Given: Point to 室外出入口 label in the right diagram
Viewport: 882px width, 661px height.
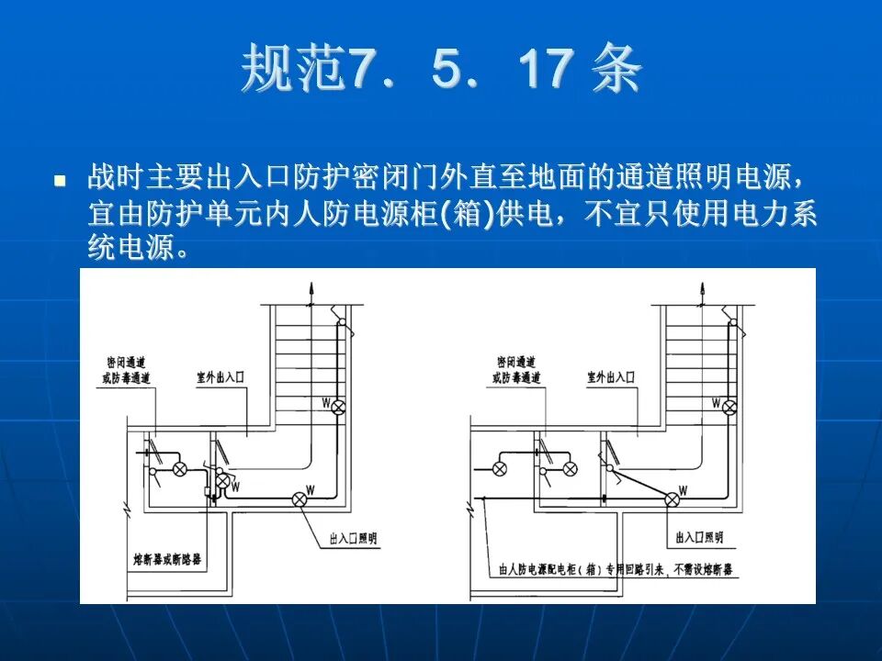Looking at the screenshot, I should [612, 377].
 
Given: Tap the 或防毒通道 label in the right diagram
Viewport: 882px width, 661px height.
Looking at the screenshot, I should [516, 377].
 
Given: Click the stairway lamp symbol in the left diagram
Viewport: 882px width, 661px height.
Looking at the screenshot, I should [338, 406].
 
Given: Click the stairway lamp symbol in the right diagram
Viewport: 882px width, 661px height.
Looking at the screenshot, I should [729, 406].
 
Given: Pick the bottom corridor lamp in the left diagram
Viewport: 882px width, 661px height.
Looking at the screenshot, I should [299, 499].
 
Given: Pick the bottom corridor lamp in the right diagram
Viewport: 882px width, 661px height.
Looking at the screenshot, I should [673, 499].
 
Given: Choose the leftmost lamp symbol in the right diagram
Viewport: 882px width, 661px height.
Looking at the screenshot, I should [500, 468].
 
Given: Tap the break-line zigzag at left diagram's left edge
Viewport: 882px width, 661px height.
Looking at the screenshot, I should [122, 508].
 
